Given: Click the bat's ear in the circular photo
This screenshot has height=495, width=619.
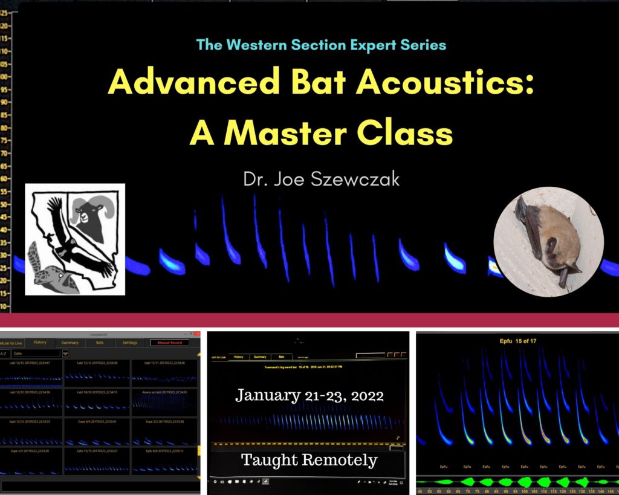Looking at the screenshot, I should click(x=551, y=245).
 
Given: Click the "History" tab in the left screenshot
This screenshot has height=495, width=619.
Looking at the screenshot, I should click(x=40, y=343).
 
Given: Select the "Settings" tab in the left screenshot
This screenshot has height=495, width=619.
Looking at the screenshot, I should click(x=129, y=343).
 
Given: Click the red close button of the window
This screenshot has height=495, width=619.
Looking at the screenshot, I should click(x=196, y=334).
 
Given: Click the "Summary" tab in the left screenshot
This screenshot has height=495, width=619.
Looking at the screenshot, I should click(x=70, y=343).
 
